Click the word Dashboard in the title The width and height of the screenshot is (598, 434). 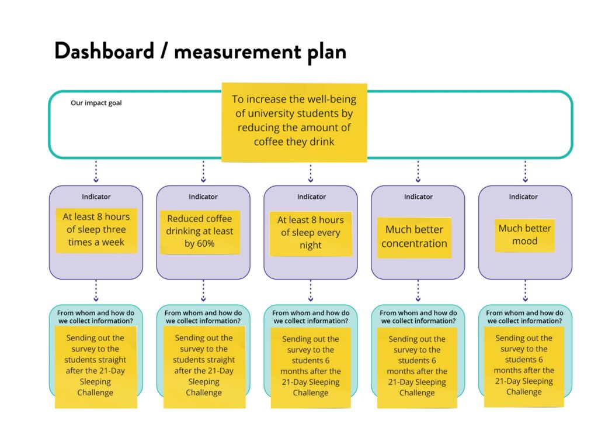coord(104,51)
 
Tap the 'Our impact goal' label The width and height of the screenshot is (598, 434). coord(96,103)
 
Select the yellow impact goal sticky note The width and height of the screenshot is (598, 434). coord(294,122)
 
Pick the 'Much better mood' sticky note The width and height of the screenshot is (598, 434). coord(524,235)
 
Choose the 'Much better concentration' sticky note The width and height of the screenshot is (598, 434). coord(415,236)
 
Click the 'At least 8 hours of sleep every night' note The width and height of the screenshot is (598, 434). coord(311,233)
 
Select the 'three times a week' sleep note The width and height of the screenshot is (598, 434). coord(96,229)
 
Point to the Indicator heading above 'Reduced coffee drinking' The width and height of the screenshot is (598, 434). coord(203,197)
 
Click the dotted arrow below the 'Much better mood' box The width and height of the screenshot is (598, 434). coord(525,290)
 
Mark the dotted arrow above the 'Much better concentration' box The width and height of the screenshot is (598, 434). coord(418,172)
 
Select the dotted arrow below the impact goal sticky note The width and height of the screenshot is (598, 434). coord(311,173)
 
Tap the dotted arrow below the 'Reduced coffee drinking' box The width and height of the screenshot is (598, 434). coord(203,290)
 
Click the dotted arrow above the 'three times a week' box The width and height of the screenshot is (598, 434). coord(96,172)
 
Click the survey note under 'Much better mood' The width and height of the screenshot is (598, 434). coord(524,365)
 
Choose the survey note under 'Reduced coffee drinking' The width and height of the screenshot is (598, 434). coord(204,366)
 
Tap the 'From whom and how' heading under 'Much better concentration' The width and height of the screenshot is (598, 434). coord(418,316)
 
